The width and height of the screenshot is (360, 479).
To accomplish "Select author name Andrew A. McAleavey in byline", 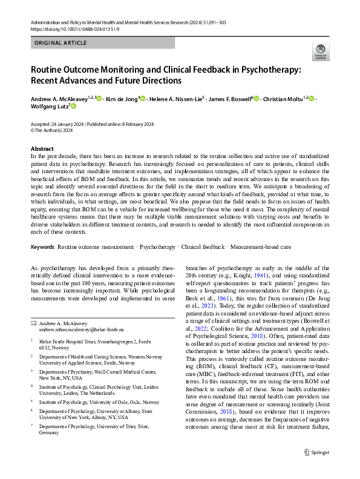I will coord(59,98).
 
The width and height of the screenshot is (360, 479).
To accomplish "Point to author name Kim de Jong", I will coord(122,98).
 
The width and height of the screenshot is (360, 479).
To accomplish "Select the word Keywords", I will coord(42,247).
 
